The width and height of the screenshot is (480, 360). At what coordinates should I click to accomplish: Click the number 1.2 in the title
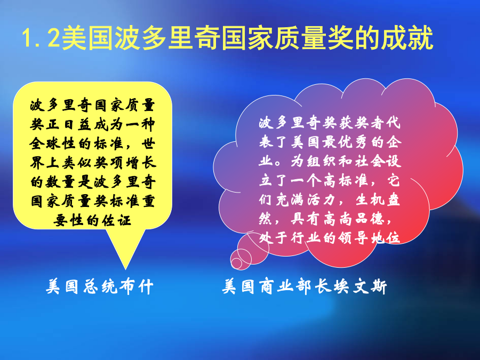(x=41, y=38)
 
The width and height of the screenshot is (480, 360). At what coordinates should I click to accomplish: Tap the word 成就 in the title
(x=407, y=38)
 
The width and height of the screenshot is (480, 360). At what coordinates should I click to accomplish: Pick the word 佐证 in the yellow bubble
(x=116, y=220)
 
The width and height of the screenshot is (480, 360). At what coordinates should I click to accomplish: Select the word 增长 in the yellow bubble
(x=141, y=163)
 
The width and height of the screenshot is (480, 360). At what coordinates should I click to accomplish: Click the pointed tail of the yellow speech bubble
(x=125, y=268)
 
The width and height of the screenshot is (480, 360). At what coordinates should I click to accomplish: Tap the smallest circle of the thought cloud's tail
(x=236, y=262)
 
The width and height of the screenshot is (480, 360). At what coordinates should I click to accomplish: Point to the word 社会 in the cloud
(x=370, y=161)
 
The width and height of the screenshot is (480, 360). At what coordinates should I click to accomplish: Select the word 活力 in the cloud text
(x=322, y=199)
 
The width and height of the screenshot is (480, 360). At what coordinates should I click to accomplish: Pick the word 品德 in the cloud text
(x=370, y=219)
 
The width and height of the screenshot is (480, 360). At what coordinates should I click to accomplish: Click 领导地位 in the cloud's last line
(x=370, y=237)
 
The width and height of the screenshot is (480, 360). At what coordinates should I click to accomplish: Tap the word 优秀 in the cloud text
(x=354, y=142)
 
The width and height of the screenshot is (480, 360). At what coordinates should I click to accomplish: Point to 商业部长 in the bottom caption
(x=295, y=286)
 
